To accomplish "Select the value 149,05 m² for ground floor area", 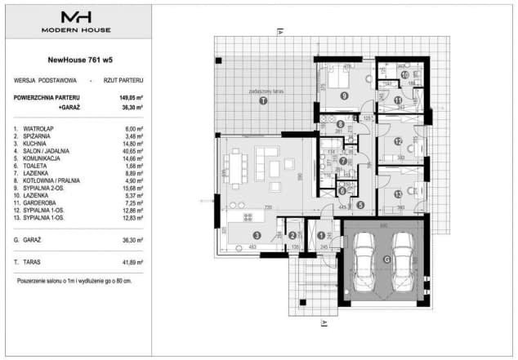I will point(131,96).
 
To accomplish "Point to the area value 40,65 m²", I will point(131,150).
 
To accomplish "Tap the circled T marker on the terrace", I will point(262,102).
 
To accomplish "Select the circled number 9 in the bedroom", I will point(345,96).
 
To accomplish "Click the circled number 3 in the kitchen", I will point(259,236).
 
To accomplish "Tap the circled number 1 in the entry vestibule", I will point(321,235).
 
